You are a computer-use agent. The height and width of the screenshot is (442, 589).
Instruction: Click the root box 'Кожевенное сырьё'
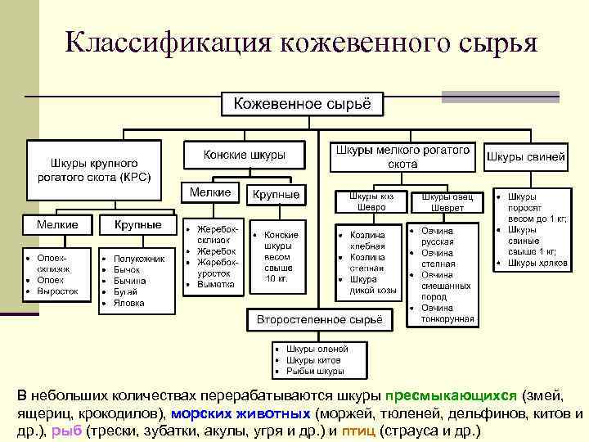click(303, 104)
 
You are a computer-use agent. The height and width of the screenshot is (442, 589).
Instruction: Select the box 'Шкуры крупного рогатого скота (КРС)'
click(95, 169)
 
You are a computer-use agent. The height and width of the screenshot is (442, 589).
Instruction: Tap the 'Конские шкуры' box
click(245, 154)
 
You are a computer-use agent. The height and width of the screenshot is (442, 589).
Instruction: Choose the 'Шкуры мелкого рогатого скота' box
click(402, 156)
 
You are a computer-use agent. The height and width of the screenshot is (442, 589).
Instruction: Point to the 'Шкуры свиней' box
click(526, 156)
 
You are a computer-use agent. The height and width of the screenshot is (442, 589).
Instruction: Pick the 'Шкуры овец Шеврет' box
click(442, 202)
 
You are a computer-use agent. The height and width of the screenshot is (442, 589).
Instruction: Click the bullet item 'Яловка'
click(129, 303)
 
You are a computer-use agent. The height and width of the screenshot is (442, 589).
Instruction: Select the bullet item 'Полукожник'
click(140, 259)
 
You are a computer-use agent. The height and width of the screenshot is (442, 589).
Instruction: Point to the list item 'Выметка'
click(215, 284)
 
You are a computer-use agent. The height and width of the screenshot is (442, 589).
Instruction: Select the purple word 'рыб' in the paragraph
click(62, 431)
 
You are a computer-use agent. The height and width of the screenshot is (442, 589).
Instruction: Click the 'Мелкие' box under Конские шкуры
click(209, 192)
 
